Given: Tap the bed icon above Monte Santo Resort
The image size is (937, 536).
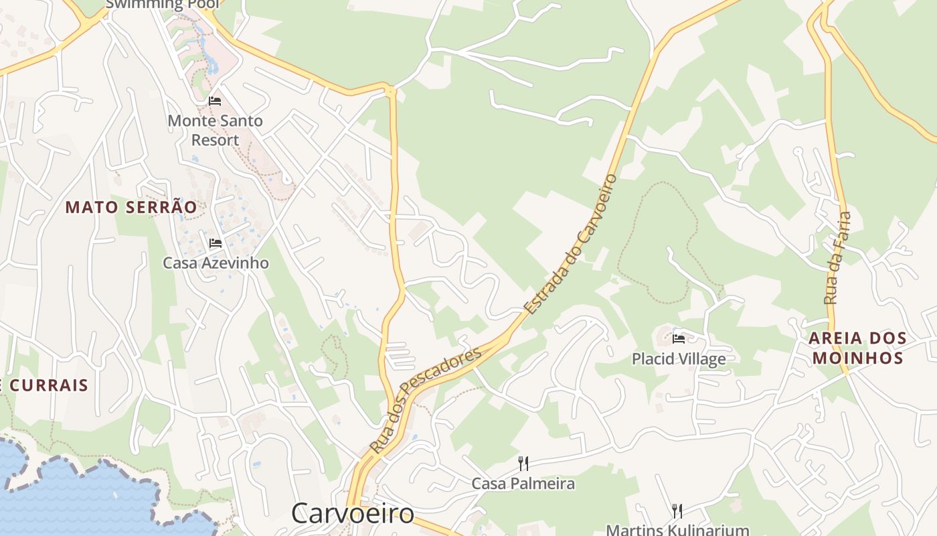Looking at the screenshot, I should pos(215,101).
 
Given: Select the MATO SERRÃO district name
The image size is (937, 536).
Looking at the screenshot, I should pos(131,208).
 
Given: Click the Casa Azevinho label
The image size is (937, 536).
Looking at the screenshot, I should pos(216,263).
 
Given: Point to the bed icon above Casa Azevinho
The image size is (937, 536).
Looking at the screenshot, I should pos(215,243).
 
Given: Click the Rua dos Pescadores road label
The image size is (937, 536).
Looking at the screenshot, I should pos(425,400).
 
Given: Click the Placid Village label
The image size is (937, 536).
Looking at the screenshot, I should pos(679,359).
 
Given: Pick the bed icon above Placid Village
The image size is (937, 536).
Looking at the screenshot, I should pos(679,339).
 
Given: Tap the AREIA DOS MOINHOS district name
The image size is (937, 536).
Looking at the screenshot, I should pos(857,348).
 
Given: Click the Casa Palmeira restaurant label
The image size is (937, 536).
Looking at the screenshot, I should pos(523,483).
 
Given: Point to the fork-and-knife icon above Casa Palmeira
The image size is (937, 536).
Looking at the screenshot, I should pos(523,463).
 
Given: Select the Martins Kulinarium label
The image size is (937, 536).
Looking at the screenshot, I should pos(677,530).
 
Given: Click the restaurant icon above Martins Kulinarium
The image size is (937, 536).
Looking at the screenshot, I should pos(677,511).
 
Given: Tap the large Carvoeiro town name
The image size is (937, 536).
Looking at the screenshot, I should pos(353,513).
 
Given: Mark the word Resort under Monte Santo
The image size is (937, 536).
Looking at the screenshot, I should pos(215,140).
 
